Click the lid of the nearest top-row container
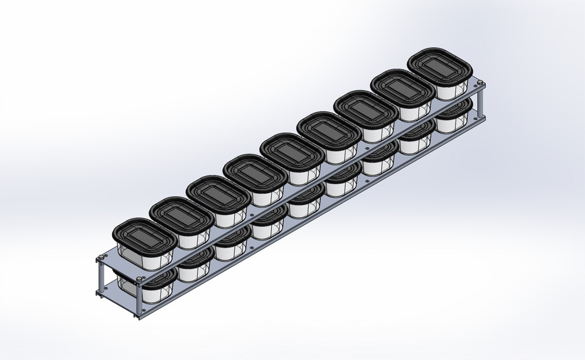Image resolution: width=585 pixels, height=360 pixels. [x=136, y=234]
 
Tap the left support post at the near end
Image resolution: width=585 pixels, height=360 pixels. [x=97, y=278]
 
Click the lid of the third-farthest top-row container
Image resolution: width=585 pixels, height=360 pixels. [x=360, y=107]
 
